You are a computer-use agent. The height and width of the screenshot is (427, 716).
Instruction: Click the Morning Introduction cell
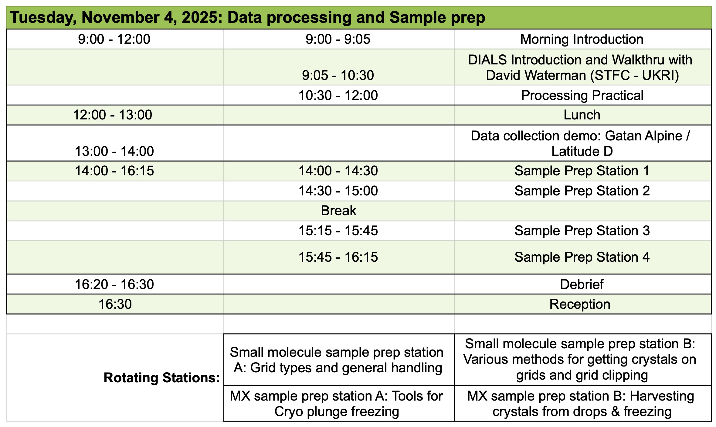(582, 39)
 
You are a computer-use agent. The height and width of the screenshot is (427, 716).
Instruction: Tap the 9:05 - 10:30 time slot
(338, 75)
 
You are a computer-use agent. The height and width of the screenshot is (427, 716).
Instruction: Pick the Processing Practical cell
(582, 95)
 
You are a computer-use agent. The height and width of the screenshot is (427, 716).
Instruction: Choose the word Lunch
(582, 115)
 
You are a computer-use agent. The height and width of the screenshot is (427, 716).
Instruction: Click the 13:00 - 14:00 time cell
(114, 143)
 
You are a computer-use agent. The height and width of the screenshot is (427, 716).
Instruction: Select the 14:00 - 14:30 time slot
(338, 171)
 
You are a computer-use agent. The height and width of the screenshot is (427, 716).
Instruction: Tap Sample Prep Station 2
(582, 191)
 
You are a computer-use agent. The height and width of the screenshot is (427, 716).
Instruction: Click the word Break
(338, 211)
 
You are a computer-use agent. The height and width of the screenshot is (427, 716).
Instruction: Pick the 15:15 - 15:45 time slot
(338, 231)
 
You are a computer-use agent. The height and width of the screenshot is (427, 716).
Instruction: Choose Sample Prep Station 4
(582, 257)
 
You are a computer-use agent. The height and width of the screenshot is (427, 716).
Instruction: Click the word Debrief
(582, 284)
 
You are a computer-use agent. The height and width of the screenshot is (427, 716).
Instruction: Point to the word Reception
(580, 304)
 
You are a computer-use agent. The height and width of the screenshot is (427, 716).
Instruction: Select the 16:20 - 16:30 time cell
(114, 284)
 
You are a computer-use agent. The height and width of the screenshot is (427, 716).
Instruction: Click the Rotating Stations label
(162, 378)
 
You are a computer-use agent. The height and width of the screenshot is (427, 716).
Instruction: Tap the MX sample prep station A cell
(339, 403)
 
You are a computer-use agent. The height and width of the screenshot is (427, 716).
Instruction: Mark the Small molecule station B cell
(583, 360)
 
